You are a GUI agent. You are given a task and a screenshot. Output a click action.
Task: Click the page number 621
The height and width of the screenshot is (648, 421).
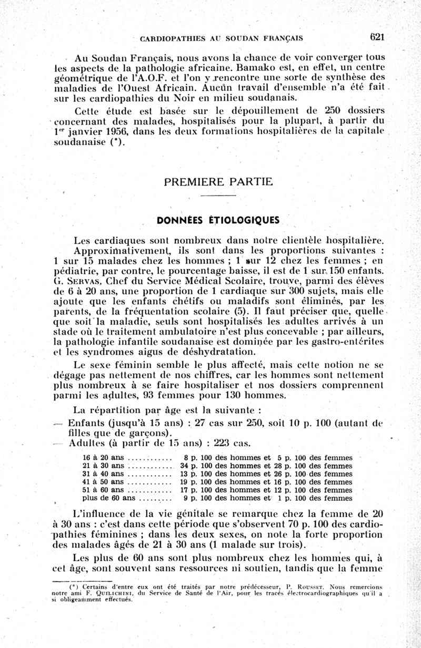[x=378, y=37]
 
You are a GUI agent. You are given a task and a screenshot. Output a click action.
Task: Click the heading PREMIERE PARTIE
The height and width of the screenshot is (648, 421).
[x=218, y=182]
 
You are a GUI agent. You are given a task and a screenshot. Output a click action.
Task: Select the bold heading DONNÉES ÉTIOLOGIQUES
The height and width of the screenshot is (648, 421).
[x=218, y=220]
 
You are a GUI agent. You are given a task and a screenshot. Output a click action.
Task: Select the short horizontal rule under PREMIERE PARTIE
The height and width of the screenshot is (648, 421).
[x=218, y=197]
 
